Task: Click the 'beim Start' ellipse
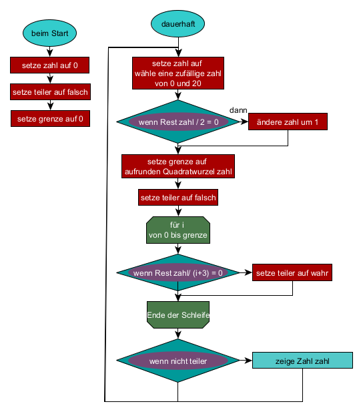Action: tap(49, 33)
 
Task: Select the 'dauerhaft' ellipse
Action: tap(177, 23)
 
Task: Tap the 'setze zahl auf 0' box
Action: tap(49, 65)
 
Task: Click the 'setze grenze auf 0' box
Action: tap(50, 118)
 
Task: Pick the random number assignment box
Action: tap(178, 73)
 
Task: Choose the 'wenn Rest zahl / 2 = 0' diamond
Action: tap(178, 122)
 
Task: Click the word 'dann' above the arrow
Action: tap(238, 110)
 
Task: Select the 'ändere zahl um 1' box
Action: tap(288, 122)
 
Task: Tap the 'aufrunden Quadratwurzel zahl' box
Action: tap(178, 166)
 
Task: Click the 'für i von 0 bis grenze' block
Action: tap(178, 230)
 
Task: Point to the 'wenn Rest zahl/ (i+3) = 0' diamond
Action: tap(178, 272)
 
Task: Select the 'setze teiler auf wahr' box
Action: tap(292, 272)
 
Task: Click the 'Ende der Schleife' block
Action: tap(178, 315)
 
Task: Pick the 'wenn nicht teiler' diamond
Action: tap(178, 361)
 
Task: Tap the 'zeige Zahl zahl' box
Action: tap(302, 360)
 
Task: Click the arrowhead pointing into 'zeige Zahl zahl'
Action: tap(249, 360)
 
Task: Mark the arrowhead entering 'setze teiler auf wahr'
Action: tap(249, 272)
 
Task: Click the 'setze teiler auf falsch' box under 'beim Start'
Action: tap(50, 92)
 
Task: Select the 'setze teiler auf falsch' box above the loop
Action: tap(178, 198)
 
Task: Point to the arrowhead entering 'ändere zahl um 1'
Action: tap(245, 122)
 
